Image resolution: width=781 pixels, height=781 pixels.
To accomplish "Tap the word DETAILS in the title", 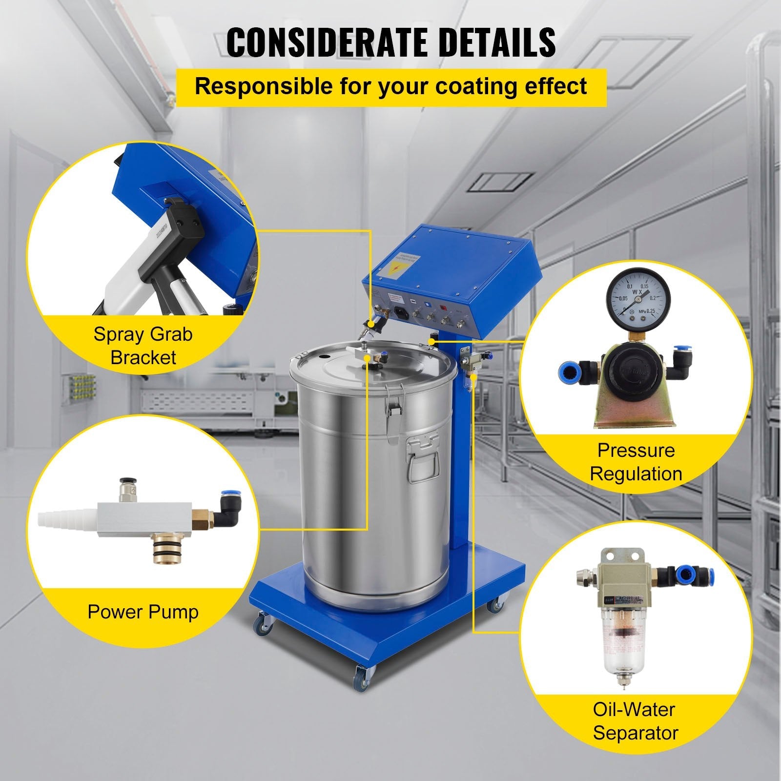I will point(493,42).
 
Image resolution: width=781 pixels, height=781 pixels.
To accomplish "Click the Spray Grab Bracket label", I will point(143,346).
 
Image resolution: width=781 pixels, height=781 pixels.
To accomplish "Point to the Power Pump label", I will point(143,611).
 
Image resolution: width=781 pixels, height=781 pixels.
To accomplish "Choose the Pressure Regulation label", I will point(636,462).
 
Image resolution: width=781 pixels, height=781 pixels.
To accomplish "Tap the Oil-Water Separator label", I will point(636,721).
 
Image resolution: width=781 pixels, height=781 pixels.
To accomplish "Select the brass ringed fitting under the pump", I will point(166,544).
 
